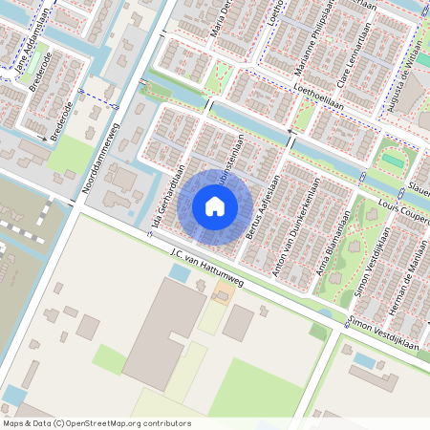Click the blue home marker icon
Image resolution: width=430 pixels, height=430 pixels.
215,205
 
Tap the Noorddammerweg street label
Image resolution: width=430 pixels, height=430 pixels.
100,158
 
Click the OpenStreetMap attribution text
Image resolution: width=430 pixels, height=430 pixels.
96,423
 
